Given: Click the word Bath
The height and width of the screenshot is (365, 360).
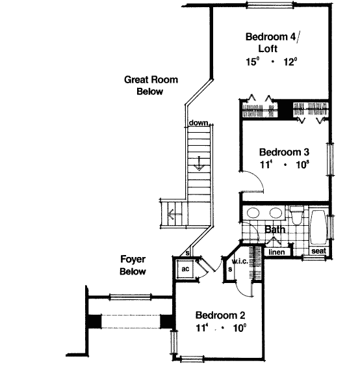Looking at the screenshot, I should pos(274,230).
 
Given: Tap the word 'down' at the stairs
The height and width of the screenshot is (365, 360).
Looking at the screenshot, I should pos(198,123).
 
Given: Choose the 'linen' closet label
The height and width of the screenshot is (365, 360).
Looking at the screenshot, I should pos(277,251).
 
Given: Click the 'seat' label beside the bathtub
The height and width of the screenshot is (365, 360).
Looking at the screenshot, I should pos(318,251).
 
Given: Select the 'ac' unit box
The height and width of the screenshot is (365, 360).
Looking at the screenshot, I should pos(185,267).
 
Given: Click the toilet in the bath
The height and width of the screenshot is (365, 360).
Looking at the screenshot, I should pos(296,215).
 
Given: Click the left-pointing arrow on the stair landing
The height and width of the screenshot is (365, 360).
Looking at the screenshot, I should pos(172,214).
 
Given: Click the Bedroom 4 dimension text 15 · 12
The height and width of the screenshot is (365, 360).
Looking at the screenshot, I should pos(270,62).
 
